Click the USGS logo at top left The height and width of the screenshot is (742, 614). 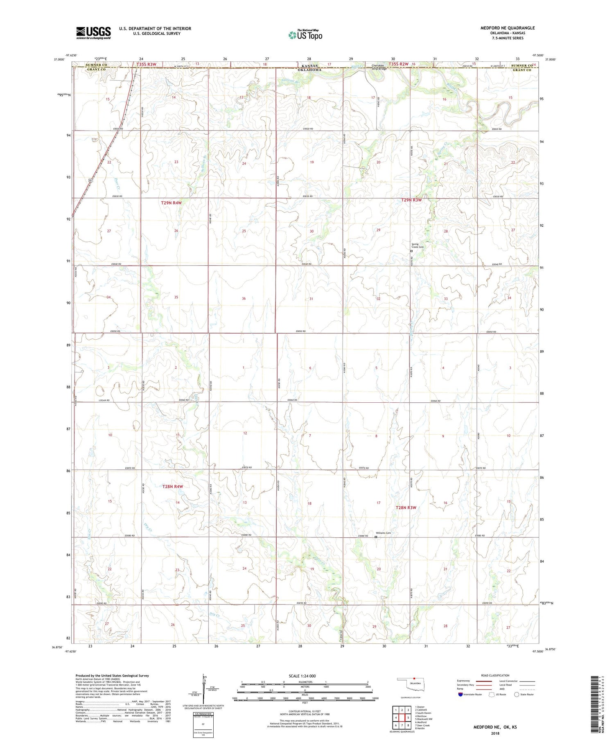pyautogui.click(x=93, y=33)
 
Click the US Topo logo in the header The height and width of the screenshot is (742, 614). pyautogui.click(x=305, y=35)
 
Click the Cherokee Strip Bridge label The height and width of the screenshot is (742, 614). pyautogui.click(x=379, y=67)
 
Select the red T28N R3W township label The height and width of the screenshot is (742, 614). pyautogui.click(x=406, y=507)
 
